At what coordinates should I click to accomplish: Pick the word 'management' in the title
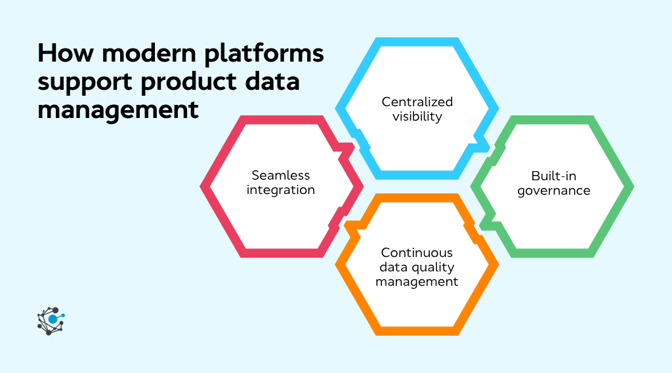(118, 108)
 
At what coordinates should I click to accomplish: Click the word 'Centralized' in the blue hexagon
(417, 102)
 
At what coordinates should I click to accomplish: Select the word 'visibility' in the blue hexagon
(417, 117)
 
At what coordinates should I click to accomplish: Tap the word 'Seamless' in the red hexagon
(281, 175)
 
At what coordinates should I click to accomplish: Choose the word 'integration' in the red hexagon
(281, 190)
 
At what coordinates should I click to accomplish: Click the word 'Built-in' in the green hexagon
(553, 176)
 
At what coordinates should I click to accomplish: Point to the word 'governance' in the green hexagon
(553, 191)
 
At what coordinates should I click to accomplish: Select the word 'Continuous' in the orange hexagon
(417, 252)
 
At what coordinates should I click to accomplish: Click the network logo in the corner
(51, 321)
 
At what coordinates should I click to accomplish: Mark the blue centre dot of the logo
(52, 319)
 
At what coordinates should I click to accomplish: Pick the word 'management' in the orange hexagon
(417, 282)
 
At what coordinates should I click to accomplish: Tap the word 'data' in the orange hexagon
(394, 267)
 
